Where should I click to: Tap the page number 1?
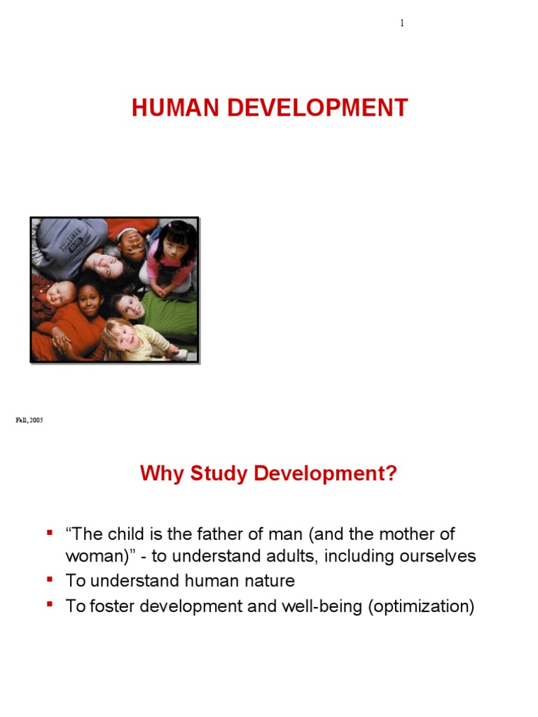point(402,23)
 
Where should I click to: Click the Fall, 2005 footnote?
point(29,420)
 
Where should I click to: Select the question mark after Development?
point(391,474)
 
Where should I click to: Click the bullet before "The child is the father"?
point(50,534)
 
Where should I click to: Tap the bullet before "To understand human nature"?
point(50,580)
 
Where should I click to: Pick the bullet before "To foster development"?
point(50,604)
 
